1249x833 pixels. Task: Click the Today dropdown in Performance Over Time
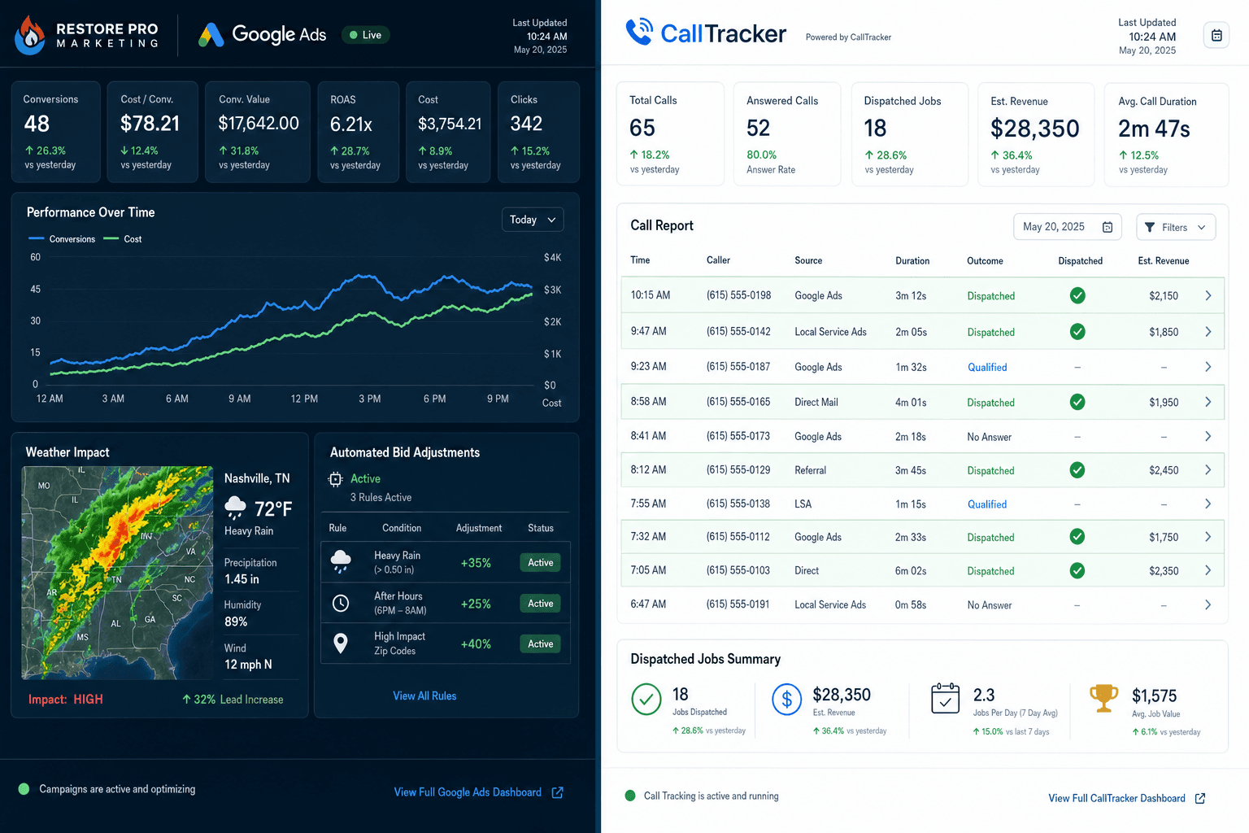coord(533,220)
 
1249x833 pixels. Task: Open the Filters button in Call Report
coord(1175,227)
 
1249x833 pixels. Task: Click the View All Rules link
coord(424,696)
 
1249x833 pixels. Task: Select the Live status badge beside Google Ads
coord(366,35)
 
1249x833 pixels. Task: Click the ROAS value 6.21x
coord(350,124)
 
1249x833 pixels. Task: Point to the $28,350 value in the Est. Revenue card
coord(1034,129)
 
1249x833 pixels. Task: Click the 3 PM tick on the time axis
coord(369,399)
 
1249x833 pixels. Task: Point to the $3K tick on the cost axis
coord(553,290)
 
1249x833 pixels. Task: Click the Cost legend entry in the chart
coord(124,239)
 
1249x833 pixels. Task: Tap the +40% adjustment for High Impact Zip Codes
coord(476,643)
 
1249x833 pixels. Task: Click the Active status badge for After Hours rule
coord(540,603)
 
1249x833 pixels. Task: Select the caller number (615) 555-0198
coord(738,295)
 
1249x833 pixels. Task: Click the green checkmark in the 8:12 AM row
coord(1077,470)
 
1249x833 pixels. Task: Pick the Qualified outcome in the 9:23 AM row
coord(987,367)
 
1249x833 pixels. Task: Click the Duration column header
coord(912,260)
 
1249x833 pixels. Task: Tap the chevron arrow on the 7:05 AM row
coord(1208,570)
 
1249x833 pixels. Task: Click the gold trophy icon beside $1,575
coord(1103,698)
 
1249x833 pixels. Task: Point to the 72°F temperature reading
coord(272,509)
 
